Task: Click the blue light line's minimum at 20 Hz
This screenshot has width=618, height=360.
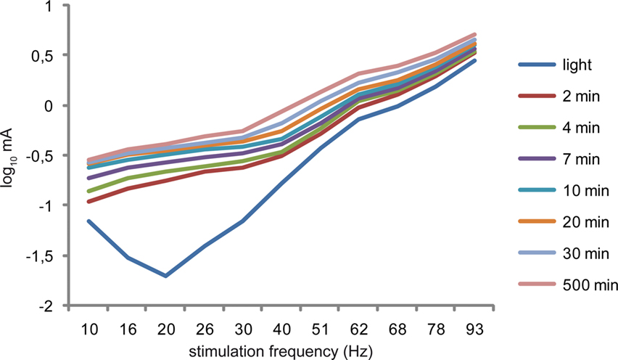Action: (x=166, y=276)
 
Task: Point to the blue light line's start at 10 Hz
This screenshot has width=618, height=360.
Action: (x=88, y=221)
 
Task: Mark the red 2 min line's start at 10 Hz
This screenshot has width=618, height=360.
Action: (x=88, y=201)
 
